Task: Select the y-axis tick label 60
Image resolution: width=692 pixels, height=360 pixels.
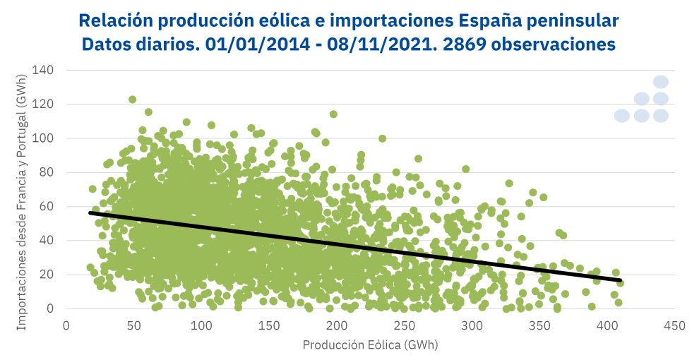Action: coord(47,206)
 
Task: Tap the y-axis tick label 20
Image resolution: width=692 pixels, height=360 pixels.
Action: coord(47,275)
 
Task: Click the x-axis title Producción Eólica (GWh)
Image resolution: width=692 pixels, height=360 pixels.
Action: coord(370,345)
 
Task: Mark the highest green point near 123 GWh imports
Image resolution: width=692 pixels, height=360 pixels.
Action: coord(132,100)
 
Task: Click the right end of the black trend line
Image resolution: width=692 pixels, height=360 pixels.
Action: coord(620,280)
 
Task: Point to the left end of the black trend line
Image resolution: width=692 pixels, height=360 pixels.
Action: coord(90,212)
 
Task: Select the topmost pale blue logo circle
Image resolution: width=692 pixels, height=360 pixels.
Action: coord(661,82)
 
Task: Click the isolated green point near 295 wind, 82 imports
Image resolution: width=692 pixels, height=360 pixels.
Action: coord(465,169)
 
